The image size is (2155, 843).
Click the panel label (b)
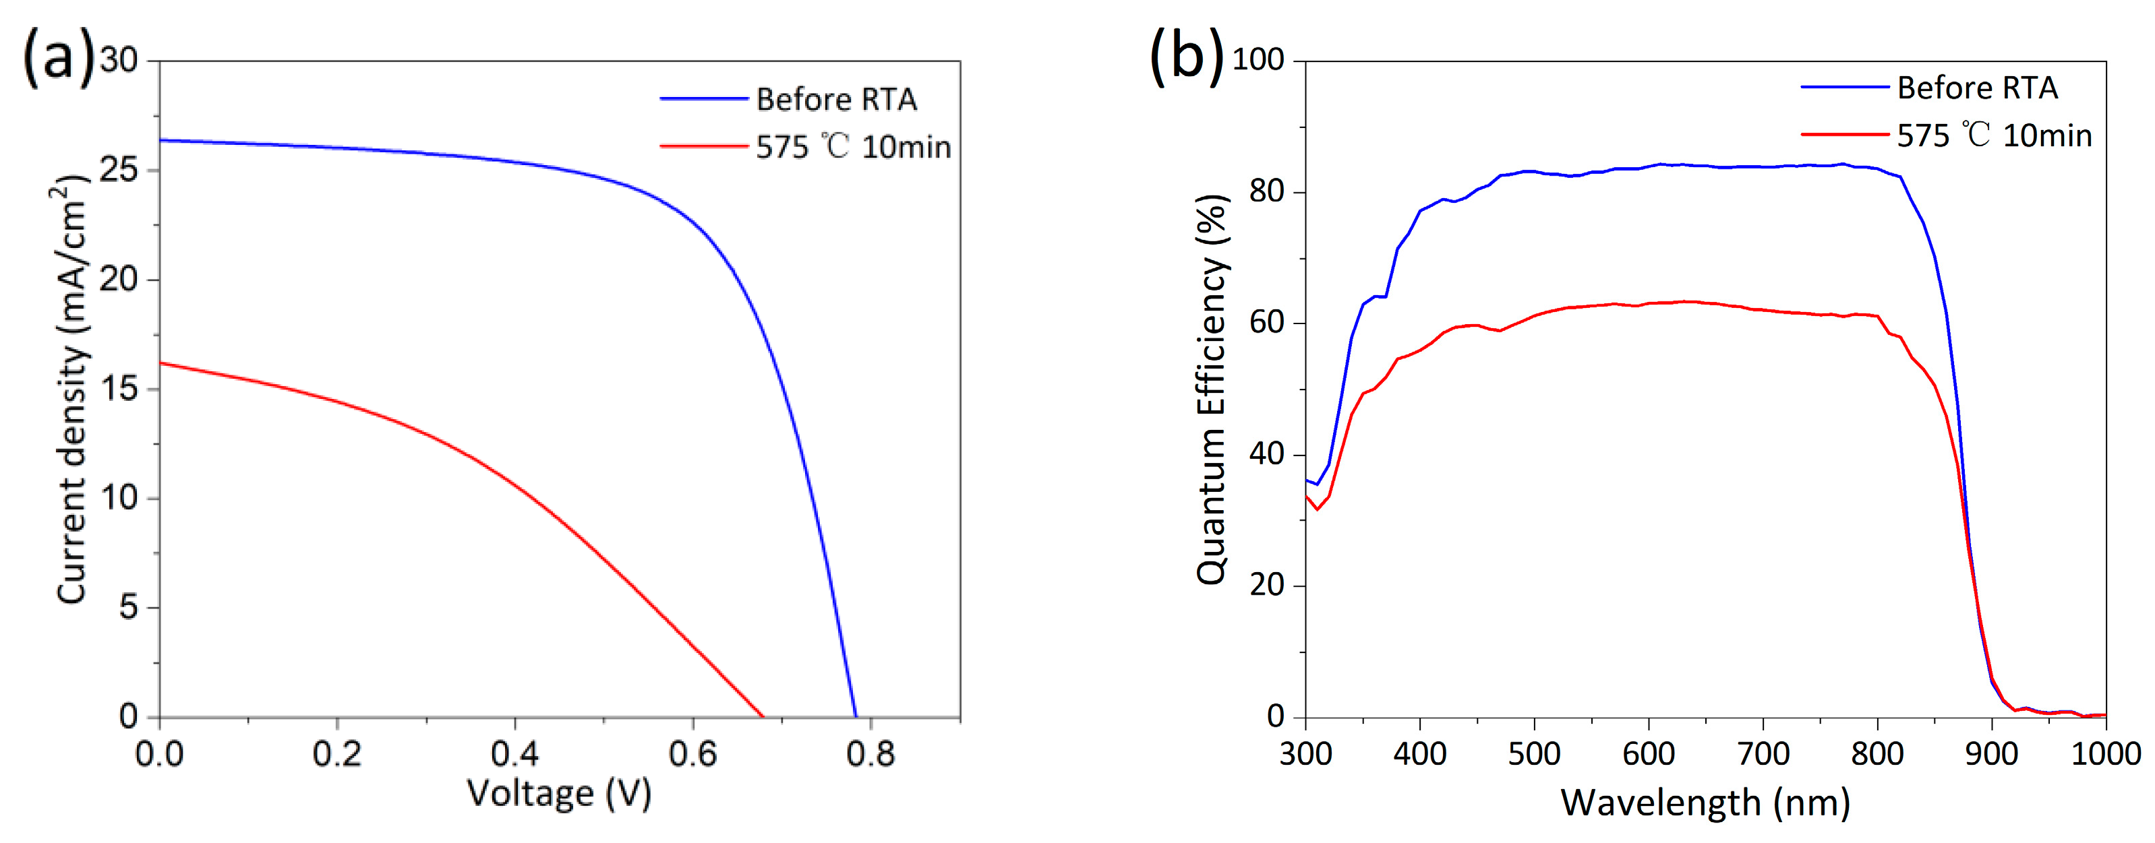point(1186,57)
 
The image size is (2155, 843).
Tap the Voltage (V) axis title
point(559,793)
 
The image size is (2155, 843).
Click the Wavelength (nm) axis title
point(1705,803)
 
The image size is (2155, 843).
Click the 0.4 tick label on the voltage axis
point(514,754)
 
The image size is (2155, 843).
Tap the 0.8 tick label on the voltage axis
point(870,754)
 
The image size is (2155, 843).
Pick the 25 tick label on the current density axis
point(118,170)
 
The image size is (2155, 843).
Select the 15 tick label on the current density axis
point(118,389)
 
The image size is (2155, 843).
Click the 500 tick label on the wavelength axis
point(1534,754)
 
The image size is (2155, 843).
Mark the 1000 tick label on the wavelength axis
point(2105,754)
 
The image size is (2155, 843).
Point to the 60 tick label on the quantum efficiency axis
point(1266,323)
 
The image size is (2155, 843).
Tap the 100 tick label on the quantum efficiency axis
point(1258,60)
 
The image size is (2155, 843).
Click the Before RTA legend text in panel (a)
point(837,100)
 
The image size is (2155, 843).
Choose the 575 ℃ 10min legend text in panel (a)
point(853,147)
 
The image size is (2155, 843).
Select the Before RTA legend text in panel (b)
point(1978,88)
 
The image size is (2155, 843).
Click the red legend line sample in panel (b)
point(1845,135)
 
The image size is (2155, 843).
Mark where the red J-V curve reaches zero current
point(762,716)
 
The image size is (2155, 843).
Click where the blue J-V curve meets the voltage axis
point(855,716)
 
